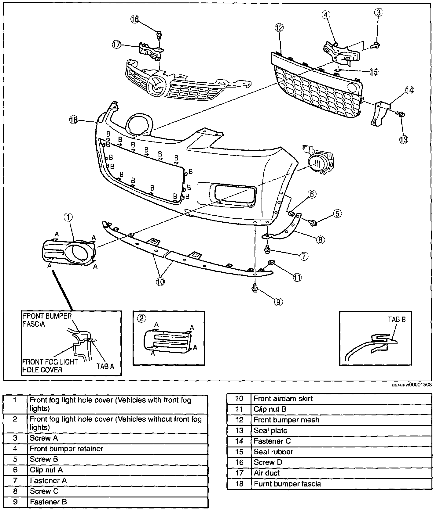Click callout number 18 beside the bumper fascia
click(x=74, y=120)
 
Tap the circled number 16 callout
click(x=135, y=19)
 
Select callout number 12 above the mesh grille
click(x=279, y=28)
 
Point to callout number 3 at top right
click(x=379, y=12)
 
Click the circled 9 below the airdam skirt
click(x=278, y=302)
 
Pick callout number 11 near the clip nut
click(x=297, y=277)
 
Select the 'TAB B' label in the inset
click(x=397, y=319)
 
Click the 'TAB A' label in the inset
click(x=105, y=366)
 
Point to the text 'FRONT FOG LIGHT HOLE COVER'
click(x=50, y=366)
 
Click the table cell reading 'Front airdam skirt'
click(x=283, y=399)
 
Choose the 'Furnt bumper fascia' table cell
click(x=287, y=484)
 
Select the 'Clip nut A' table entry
click(x=46, y=470)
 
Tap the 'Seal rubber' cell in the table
click(x=273, y=452)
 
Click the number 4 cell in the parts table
click(x=15, y=449)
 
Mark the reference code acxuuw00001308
click(x=412, y=385)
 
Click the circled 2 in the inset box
click(x=141, y=318)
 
